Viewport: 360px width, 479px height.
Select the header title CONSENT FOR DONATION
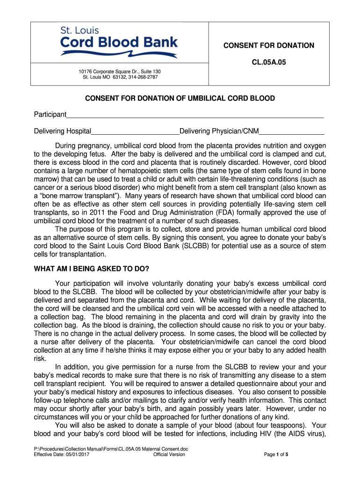tap(268, 45)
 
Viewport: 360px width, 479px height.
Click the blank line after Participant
tap(195, 116)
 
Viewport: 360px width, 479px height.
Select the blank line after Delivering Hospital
tap(135, 131)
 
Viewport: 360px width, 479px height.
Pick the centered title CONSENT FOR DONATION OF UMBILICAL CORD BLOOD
tap(180, 99)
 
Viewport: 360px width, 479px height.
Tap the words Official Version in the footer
tap(169, 454)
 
